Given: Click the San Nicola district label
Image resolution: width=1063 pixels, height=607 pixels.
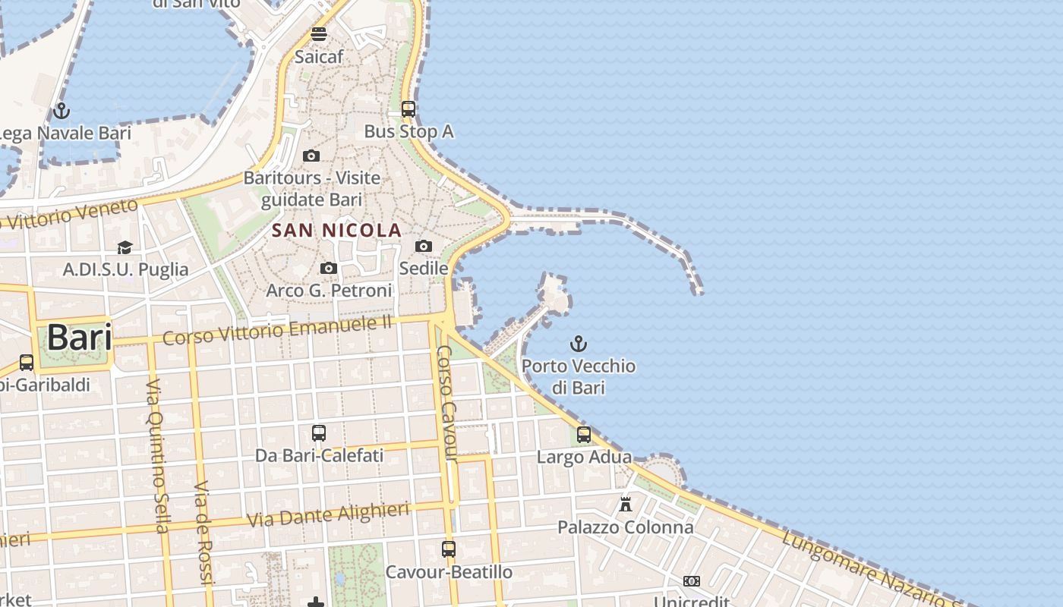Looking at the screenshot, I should tap(336, 230).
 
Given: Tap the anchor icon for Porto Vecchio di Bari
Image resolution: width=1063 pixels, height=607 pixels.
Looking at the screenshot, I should tap(579, 344).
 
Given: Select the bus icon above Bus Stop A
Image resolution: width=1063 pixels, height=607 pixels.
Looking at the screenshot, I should tap(408, 109).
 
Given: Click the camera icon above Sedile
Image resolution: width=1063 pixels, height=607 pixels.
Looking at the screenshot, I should tap(424, 246).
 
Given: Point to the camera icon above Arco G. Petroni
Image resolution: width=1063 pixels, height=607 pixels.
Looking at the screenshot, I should tap(329, 268).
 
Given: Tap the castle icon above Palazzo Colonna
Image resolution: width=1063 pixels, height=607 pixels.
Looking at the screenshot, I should tap(626, 504).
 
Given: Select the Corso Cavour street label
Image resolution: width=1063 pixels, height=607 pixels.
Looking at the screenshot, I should tap(446, 403).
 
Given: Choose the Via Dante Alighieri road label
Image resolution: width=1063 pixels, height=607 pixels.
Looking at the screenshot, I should tap(328, 514).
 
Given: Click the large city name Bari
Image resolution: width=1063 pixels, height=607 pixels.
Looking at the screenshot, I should tap(80, 337).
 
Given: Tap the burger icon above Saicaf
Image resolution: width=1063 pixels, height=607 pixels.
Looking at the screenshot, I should tap(319, 34).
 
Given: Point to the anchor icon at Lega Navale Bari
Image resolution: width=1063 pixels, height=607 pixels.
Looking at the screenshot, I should tap(62, 111).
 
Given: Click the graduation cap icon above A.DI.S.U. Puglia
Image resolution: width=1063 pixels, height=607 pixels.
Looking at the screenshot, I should tap(125, 247).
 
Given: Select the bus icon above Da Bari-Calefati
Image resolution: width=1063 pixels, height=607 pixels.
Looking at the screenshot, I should tap(319, 433).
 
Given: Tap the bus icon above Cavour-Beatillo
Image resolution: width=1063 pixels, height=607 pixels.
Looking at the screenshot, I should tap(449, 549).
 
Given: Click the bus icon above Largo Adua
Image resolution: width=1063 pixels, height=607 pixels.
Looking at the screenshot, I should tap(584, 435).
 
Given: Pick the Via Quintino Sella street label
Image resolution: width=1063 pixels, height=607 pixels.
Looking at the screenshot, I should tap(157, 455).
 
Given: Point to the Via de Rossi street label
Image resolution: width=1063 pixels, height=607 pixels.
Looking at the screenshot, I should tap(203, 531).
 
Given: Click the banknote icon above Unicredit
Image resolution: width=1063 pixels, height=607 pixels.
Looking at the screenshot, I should tap(691, 581).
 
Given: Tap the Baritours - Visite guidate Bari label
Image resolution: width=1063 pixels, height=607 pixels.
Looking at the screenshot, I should tap(312, 189).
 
